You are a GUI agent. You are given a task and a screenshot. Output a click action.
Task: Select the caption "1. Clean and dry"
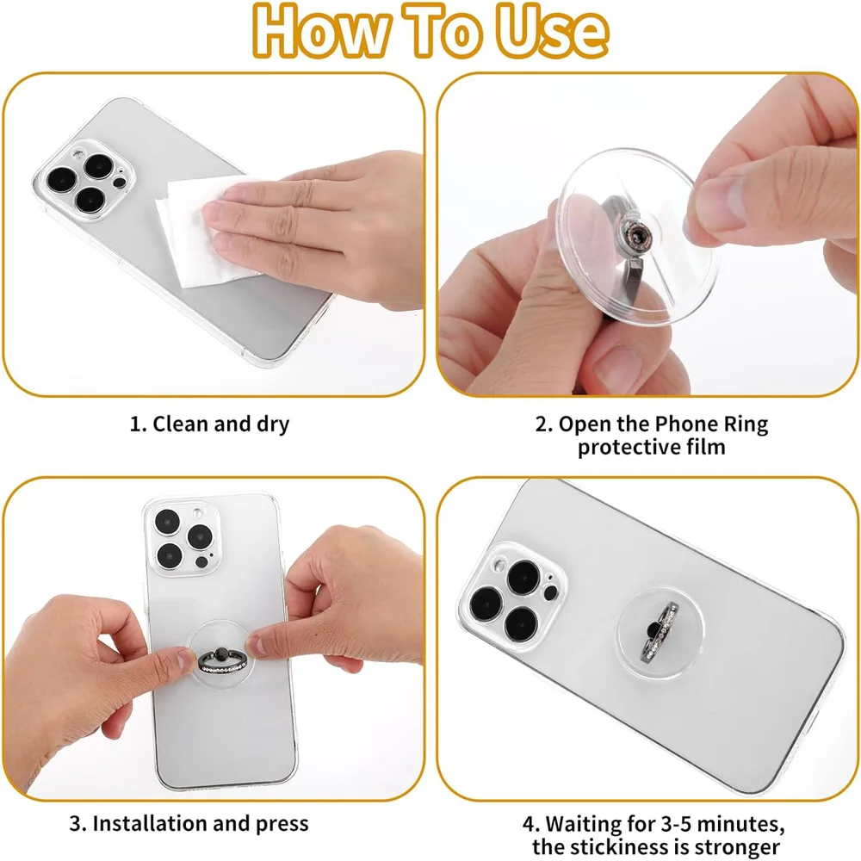click(209, 424)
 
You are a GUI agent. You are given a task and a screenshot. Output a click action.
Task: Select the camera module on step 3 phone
click(180, 538)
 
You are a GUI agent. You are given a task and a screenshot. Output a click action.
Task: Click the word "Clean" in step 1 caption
click(183, 424)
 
